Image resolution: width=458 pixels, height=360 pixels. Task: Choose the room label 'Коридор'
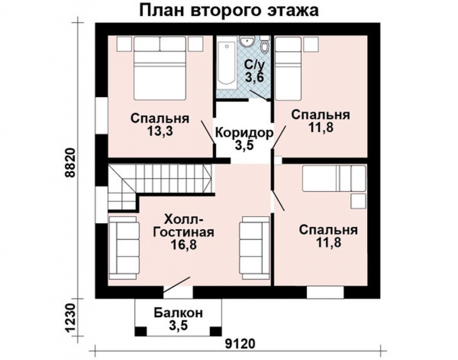point(244,133)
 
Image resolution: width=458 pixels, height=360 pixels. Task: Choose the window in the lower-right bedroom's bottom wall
point(325,292)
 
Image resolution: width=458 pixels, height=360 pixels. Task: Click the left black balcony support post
point(140,331)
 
